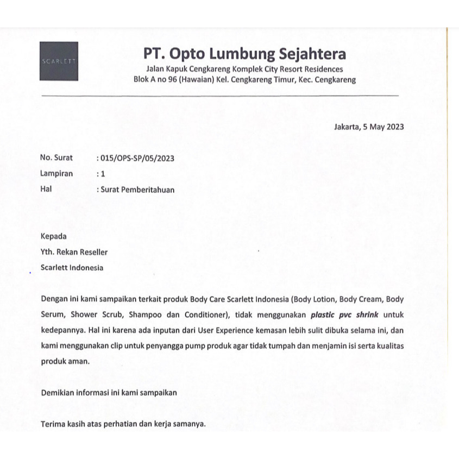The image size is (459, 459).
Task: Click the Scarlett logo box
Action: (x=59, y=61)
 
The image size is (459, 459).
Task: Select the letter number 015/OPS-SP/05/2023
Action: (x=136, y=158)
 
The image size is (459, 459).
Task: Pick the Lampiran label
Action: (x=56, y=174)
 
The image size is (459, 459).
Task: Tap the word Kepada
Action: (x=54, y=236)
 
